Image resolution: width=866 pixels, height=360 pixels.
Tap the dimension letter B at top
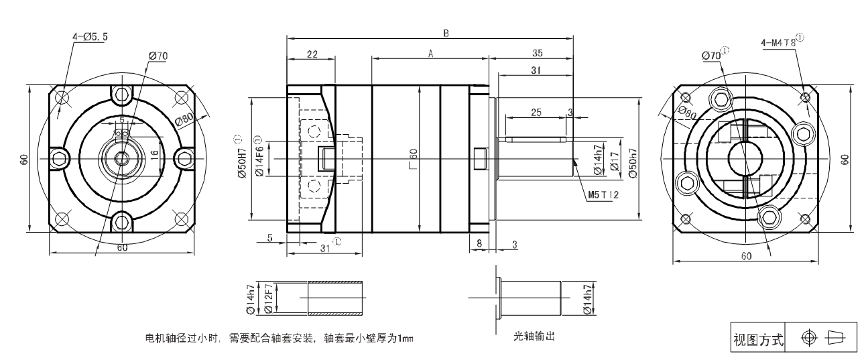(446, 34)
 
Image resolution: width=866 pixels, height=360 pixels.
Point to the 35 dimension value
(536, 54)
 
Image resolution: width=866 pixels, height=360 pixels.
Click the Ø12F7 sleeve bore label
(267, 297)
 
